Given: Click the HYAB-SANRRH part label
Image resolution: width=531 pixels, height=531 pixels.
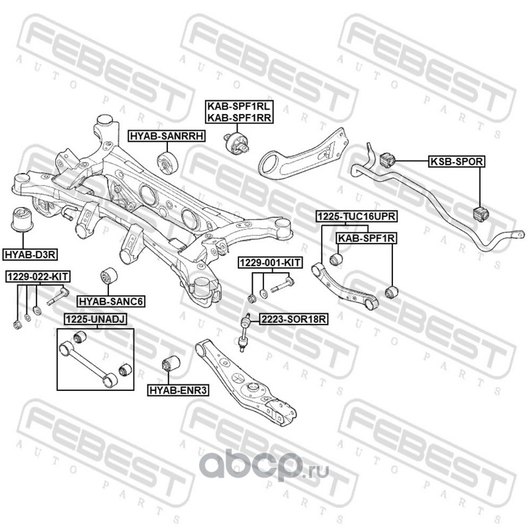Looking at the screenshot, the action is tap(167, 136).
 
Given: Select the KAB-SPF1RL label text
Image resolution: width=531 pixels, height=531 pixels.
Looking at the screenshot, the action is tap(239, 106).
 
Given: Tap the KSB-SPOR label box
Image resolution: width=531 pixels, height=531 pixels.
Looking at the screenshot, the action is tap(457, 161).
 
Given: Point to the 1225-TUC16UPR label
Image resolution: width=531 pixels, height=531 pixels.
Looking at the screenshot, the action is tap(356, 216).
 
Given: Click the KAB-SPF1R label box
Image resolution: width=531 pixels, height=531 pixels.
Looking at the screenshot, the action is tap(366, 238).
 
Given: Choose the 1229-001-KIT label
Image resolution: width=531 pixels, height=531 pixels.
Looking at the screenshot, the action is tap(270, 262).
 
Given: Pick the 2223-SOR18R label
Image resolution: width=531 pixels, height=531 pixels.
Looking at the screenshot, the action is tap(293, 319).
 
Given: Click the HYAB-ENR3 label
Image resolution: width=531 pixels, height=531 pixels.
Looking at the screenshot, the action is tap(178, 390).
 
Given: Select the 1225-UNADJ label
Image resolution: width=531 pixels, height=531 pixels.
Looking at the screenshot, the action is tap(96, 319).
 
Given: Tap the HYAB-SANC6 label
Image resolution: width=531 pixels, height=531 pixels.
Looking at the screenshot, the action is tap(111, 301).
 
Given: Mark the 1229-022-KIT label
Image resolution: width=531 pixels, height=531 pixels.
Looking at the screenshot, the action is tap(38, 277).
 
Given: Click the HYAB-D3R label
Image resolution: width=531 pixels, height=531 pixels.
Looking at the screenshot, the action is tap(30, 254).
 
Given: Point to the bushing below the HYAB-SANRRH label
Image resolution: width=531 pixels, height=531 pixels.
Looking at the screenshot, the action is tap(168, 163).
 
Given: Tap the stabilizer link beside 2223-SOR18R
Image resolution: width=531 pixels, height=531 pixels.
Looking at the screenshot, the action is tap(244, 333).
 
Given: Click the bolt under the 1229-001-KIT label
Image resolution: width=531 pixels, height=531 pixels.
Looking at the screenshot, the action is tap(281, 285).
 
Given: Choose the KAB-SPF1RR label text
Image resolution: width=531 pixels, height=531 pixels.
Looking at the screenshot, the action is tap(239, 117).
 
